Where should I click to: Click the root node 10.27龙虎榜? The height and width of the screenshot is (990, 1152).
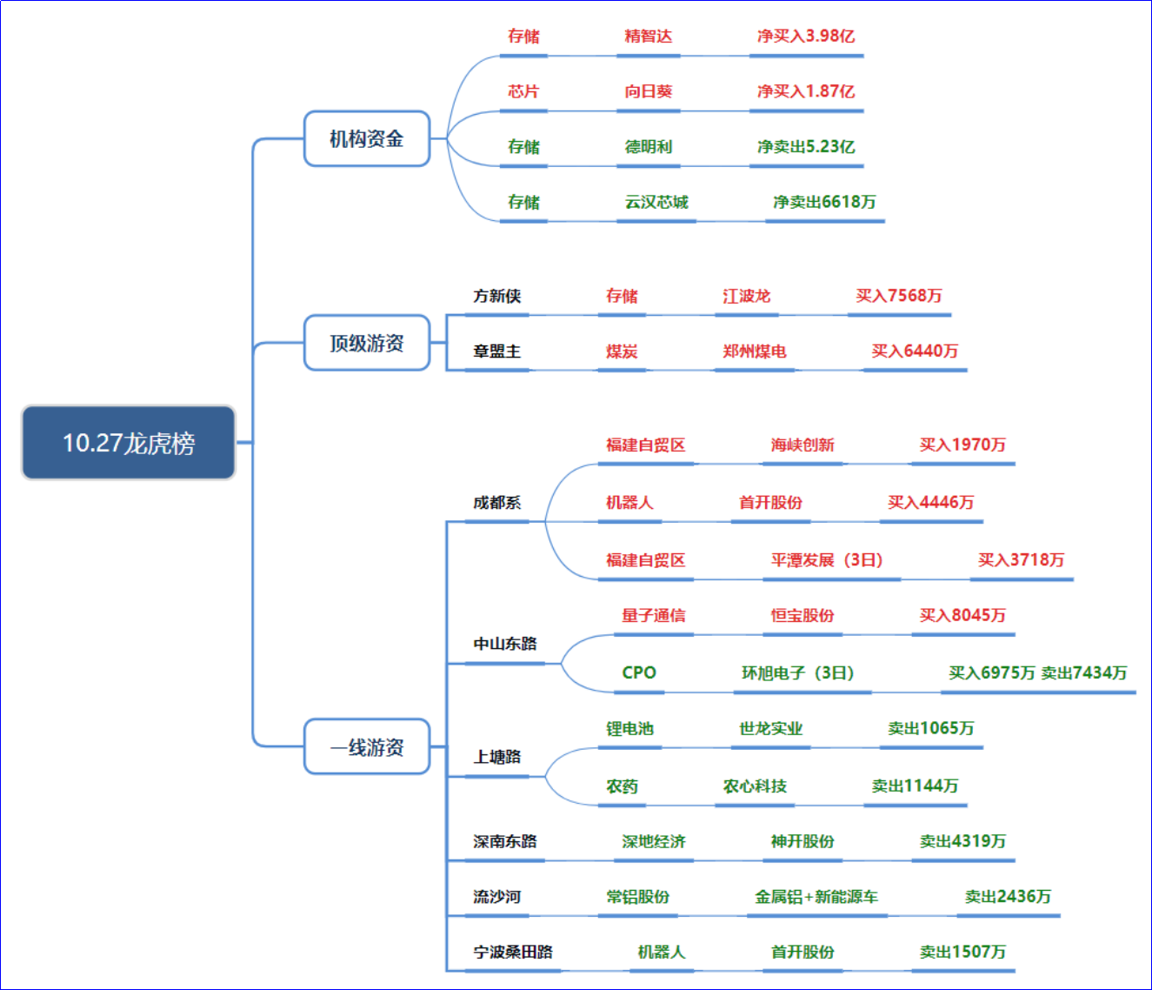[129, 443]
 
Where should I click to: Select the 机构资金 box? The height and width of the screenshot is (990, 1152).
[367, 138]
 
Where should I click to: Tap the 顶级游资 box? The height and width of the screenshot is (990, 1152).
[367, 343]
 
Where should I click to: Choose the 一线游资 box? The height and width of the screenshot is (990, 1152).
[367, 746]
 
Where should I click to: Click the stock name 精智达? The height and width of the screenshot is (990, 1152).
[648, 36]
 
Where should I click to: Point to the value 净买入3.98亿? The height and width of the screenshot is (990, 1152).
[806, 36]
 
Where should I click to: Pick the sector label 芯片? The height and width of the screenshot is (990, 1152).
[523, 91]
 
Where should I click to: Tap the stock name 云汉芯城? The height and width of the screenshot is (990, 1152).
[656, 202]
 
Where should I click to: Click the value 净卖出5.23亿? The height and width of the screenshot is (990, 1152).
[806, 146]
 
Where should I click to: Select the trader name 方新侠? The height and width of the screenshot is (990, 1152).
[497, 296]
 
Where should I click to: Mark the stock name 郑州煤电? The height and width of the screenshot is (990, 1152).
[755, 351]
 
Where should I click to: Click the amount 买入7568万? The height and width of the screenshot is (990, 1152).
[899, 296]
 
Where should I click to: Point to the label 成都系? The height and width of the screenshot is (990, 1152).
[497, 502]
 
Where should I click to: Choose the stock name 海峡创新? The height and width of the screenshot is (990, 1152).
[802, 445]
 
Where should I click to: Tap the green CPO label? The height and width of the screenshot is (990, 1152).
[639, 672]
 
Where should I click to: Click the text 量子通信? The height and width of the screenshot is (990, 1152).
[654, 615]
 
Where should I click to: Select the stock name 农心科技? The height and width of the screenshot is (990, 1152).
[755, 786]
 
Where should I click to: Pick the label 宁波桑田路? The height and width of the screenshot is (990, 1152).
[513, 952]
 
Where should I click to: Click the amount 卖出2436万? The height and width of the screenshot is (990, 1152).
[1008, 896]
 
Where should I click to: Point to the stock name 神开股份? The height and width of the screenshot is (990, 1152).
[802, 841]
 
